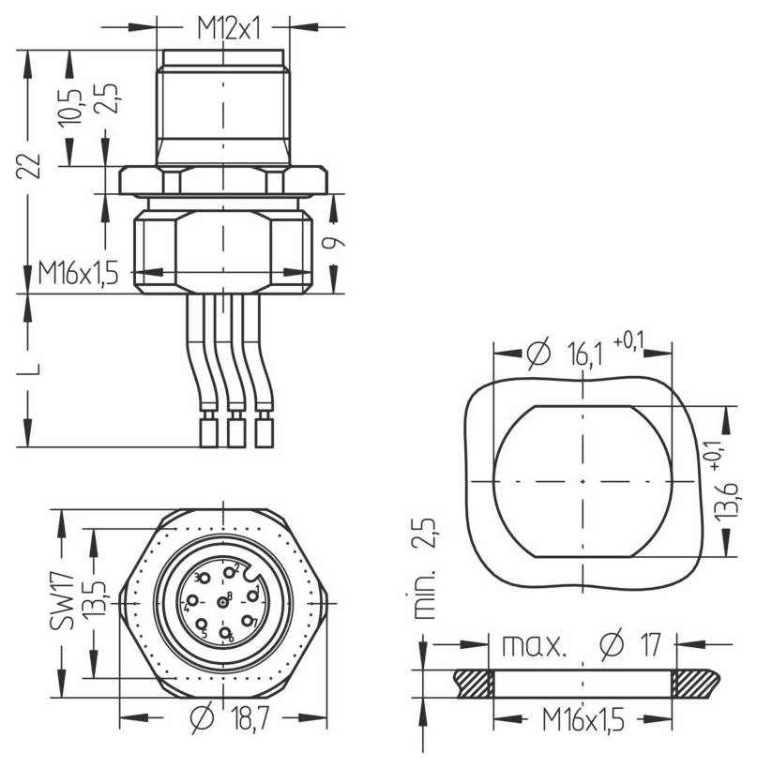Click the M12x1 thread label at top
[227, 29]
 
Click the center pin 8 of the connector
[222, 600]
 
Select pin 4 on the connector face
[191, 603]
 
